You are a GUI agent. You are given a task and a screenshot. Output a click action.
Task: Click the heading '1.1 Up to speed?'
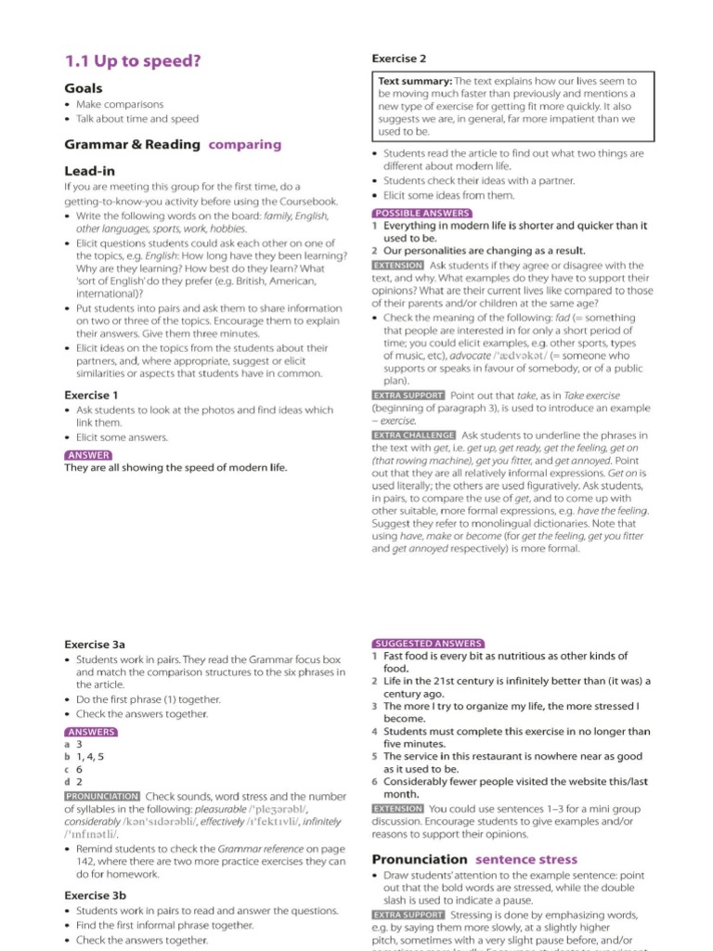point(132,61)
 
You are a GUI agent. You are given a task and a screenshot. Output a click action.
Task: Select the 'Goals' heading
point(84,88)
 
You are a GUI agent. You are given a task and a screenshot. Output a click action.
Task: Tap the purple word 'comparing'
point(245,144)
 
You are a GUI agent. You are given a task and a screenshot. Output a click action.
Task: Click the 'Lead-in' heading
point(90,171)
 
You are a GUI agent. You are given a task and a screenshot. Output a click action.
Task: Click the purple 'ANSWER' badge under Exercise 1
point(88,455)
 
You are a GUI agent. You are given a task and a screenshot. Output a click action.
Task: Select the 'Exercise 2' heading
point(399,59)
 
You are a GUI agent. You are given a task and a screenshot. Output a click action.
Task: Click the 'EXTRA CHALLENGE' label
point(413,435)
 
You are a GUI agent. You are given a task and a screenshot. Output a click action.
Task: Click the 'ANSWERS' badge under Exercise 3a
point(91,732)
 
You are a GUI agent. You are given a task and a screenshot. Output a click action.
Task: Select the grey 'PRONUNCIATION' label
point(102,796)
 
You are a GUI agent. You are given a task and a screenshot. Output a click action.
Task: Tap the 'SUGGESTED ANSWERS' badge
point(427,643)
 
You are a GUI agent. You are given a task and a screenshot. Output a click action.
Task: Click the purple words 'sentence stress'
point(526,859)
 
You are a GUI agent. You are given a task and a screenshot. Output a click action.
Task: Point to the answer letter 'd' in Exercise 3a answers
point(68,783)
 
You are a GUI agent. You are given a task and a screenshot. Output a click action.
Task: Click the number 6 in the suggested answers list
point(374,782)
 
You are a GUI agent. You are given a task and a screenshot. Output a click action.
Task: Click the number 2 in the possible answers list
point(374,251)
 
